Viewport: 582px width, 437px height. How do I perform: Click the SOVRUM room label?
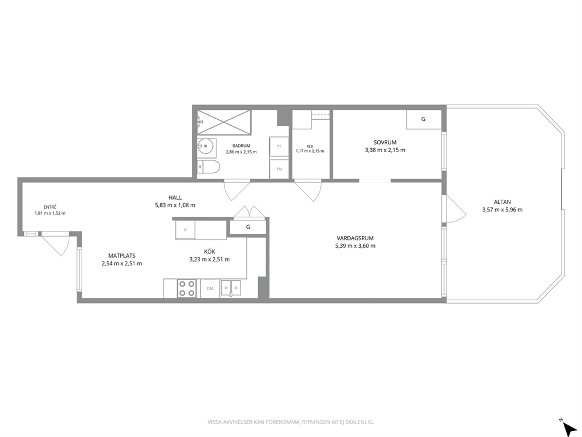pyautogui.click(x=385, y=142)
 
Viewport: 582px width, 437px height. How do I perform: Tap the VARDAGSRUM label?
pyautogui.click(x=355, y=238)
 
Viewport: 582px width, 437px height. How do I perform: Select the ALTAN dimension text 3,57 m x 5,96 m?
pyautogui.click(x=502, y=210)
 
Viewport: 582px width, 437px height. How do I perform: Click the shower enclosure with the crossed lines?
pyautogui.click(x=224, y=122)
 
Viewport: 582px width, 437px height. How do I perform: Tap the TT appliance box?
pyautogui.click(x=279, y=146)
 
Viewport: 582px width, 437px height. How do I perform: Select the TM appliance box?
pyautogui.click(x=279, y=169)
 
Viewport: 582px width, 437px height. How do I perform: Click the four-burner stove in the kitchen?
pyautogui.click(x=187, y=288)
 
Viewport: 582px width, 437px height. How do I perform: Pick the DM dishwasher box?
pyautogui.click(x=210, y=288)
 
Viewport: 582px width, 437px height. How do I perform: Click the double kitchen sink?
pyautogui.click(x=231, y=288)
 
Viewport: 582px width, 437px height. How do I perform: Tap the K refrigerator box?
pyautogui.click(x=185, y=230)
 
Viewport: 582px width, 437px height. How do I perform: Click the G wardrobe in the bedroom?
pyautogui.click(x=424, y=119)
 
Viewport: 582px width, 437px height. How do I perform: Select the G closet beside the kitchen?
pyautogui.click(x=248, y=227)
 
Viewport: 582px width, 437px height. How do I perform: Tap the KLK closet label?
pyautogui.click(x=310, y=146)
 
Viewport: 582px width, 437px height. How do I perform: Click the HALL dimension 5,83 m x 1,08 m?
pyautogui.click(x=175, y=205)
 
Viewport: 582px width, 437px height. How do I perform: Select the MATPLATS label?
pyautogui.click(x=122, y=256)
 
